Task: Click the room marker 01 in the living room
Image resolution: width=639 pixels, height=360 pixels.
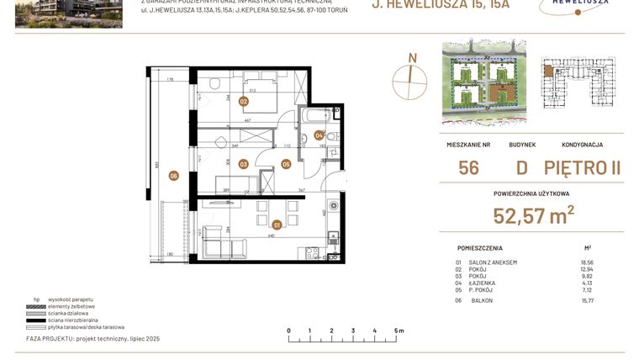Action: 277,224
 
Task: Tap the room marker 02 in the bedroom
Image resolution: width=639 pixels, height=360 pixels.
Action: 244,101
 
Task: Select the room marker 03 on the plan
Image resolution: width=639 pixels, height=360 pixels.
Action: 243,164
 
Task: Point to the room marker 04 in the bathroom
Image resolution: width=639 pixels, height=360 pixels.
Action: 319,135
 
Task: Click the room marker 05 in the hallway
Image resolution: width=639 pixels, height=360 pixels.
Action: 286,164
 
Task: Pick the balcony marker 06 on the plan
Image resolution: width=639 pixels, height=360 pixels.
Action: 173,176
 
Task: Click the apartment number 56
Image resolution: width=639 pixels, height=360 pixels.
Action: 469,168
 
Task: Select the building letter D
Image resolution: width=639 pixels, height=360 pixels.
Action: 522,168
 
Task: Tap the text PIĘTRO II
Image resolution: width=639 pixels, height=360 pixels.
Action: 582,168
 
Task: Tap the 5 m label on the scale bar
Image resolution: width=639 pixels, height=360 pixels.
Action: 399,331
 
